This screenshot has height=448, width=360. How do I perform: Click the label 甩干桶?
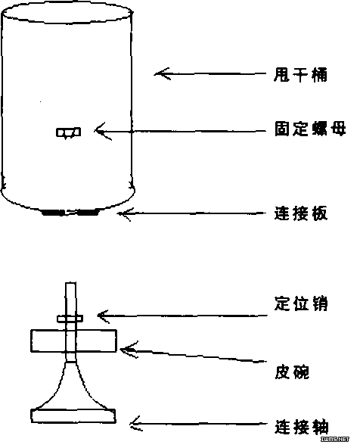coord(300,75)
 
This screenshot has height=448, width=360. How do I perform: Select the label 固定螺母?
coord(310,129)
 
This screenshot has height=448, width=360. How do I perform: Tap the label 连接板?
coord(300,213)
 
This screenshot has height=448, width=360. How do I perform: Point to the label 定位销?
coord(301,303)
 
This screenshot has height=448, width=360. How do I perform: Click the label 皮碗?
coord(292,372)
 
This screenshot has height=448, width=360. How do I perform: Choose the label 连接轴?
coord(302,427)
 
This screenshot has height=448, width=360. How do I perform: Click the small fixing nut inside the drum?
coord(68,132)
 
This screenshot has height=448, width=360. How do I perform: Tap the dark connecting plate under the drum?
coord(70,213)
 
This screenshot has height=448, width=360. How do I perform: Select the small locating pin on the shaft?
coord(70,319)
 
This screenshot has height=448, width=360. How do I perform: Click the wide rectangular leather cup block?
coord(73,341)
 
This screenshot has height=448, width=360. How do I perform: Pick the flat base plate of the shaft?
coord(73,415)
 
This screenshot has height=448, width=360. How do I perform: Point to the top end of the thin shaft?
coord(71,283)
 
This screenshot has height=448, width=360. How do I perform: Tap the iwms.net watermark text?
coord(334,439)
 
